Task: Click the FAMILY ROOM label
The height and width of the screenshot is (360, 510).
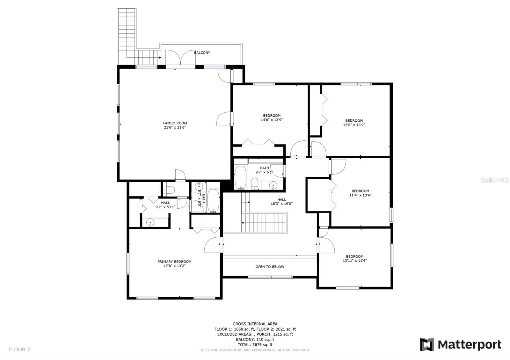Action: pos(175,123)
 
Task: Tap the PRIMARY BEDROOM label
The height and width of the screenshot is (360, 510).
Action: pos(174,262)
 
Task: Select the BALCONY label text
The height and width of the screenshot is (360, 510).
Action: pos(202,53)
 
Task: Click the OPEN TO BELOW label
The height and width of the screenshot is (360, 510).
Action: pos(270,267)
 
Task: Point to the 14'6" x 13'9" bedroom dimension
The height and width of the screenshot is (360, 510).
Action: pos(272,120)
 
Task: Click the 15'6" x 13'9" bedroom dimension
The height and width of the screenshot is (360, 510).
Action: pos(354,125)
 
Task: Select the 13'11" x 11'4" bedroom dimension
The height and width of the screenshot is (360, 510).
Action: pos(355,261)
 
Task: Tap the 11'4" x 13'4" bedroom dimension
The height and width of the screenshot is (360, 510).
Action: pos(360,195)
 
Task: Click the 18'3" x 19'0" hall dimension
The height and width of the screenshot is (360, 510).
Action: pos(282,204)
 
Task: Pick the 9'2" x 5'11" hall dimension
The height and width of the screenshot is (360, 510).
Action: pos(165,207)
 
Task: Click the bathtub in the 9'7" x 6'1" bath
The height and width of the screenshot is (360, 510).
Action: pos(240,177)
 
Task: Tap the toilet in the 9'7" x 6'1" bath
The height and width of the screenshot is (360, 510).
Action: pos(255,184)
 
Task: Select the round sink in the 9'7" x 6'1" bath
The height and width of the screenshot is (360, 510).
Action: pos(273,185)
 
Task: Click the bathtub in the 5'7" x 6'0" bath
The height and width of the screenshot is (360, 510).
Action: pos(213,200)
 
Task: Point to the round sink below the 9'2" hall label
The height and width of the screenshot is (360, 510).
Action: pos(150,222)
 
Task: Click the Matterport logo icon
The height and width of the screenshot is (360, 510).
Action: pos(427,344)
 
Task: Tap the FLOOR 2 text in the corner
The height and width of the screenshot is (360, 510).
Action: pos(19,349)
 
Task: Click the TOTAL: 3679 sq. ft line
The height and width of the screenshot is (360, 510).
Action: pos(255,345)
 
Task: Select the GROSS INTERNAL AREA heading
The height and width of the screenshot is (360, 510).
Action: pos(255,324)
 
